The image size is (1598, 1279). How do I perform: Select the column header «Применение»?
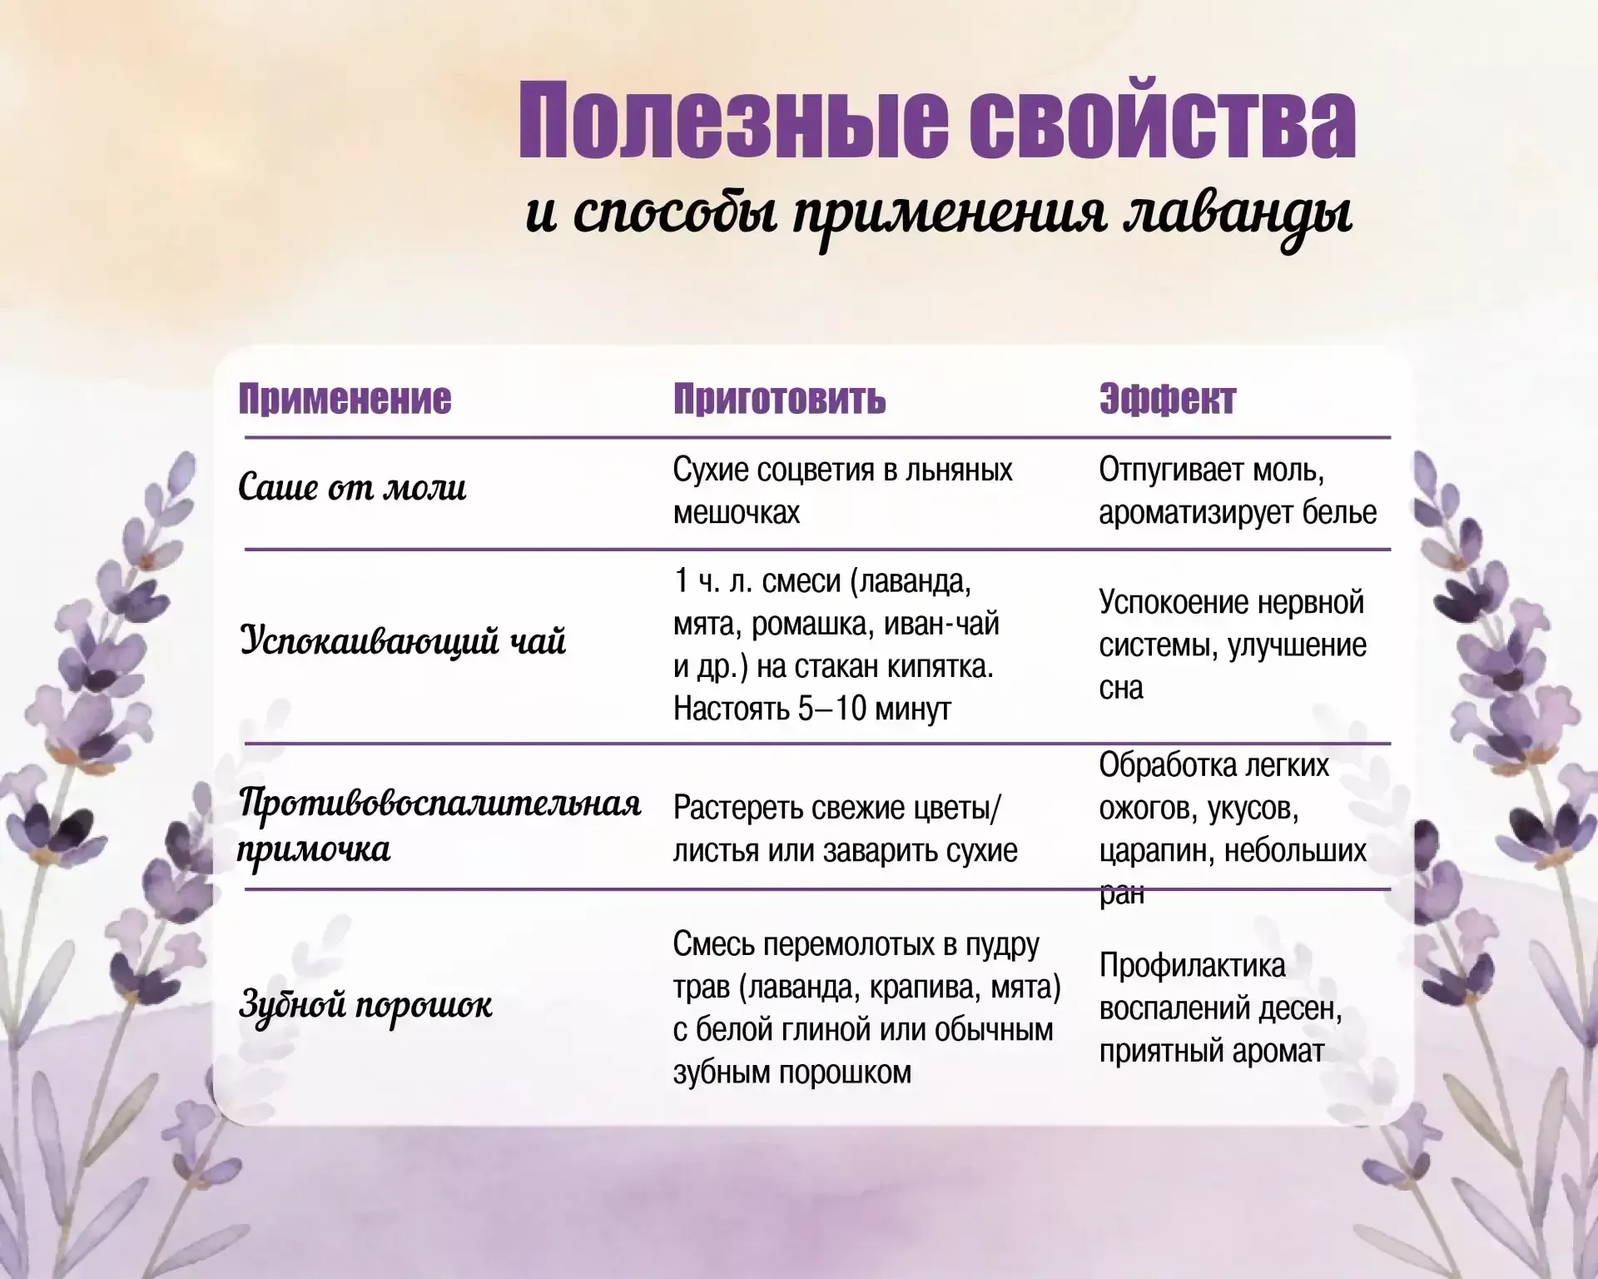345,399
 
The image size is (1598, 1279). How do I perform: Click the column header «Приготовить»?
779,399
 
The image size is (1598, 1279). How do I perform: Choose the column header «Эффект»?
1167,399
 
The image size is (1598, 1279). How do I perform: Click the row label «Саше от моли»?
352,488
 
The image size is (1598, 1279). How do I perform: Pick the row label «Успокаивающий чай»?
403,641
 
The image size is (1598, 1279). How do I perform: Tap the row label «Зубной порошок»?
365,1004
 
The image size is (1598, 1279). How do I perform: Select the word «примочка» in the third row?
314,849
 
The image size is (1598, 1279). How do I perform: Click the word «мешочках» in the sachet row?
736,513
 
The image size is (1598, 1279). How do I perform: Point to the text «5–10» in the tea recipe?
832,709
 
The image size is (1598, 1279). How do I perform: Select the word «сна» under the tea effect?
1120,688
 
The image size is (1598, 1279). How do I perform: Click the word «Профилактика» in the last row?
1192,966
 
